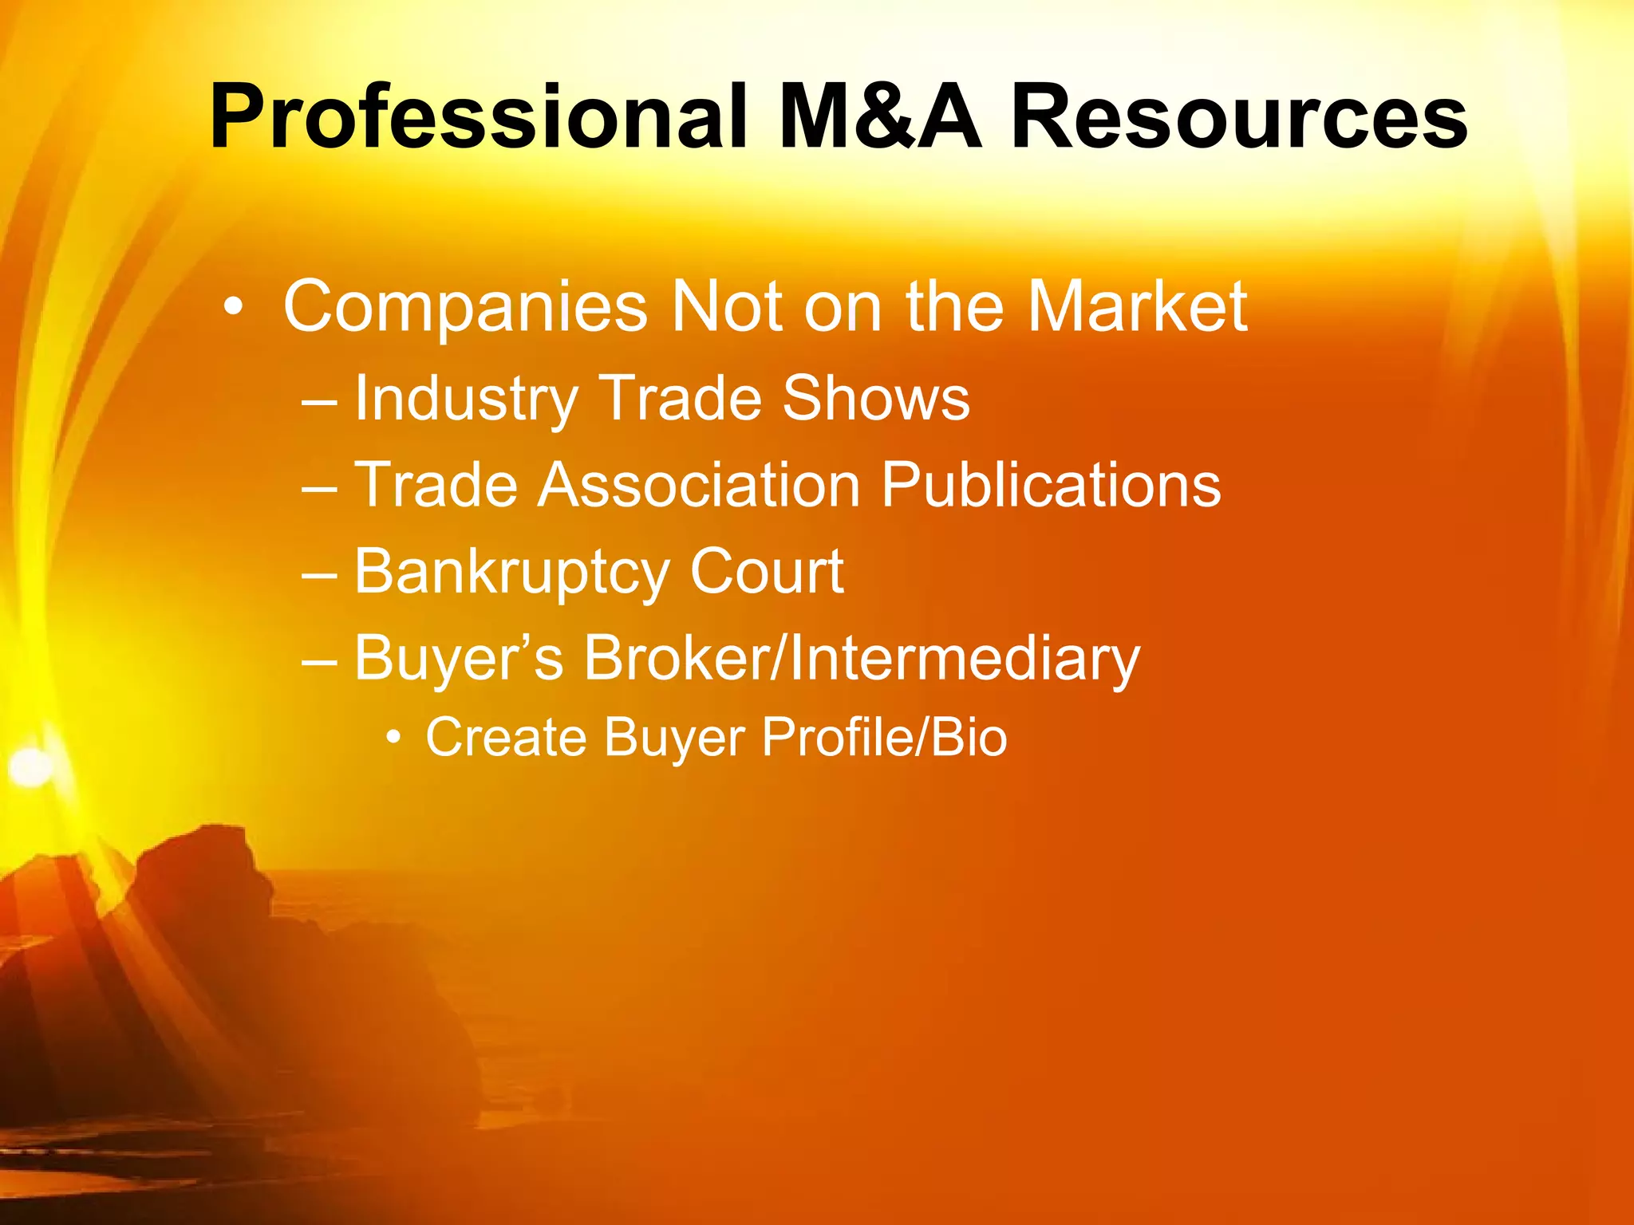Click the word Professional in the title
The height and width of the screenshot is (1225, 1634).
click(477, 118)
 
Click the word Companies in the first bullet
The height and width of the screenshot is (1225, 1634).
click(465, 307)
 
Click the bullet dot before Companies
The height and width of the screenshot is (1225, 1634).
click(232, 307)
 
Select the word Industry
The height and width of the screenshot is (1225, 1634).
click(466, 399)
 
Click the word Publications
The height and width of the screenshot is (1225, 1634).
click(1051, 486)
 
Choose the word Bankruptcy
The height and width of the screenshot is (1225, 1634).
click(511, 573)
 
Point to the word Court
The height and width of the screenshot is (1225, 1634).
click(766, 571)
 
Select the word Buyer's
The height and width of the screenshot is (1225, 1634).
click(459, 660)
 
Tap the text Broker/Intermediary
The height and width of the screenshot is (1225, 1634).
click(862, 660)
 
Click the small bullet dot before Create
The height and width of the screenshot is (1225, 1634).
click(393, 738)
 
